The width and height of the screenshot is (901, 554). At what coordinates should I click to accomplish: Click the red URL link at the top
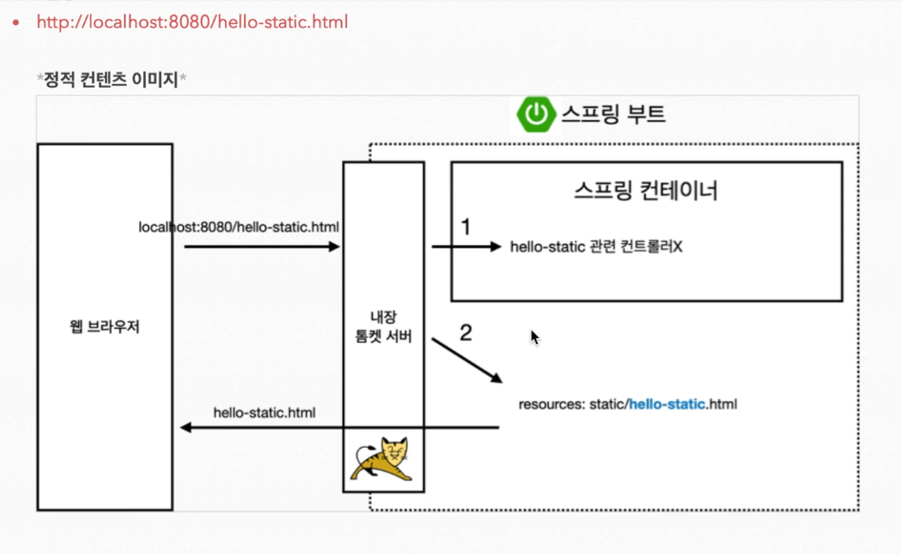coord(192,22)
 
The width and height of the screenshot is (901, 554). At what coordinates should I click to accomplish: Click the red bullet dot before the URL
coord(16,22)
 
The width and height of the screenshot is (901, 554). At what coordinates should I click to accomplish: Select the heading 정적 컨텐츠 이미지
coord(111,79)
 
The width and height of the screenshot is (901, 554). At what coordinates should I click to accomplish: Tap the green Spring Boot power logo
coord(536,114)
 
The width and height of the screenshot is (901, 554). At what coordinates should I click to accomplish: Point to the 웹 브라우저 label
coord(105,327)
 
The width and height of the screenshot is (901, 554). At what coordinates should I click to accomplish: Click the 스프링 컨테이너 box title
coord(646,191)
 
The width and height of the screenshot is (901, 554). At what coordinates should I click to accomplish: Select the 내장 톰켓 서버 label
coord(383,327)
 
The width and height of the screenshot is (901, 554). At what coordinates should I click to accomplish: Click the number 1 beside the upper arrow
coord(466,227)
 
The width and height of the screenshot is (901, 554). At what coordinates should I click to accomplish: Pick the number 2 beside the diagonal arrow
coord(466,333)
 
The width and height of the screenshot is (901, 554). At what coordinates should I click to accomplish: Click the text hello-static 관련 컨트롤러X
coord(596,247)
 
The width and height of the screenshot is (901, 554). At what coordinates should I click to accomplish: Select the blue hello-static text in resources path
coord(667,404)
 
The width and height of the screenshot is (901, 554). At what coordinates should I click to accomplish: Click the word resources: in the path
coord(551,404)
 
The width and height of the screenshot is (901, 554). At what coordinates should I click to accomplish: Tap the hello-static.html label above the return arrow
coord(264,413)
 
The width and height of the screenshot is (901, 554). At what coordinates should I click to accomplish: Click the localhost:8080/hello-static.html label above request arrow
coord(239,227)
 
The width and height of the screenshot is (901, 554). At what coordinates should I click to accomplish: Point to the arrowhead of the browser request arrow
coord(334,247)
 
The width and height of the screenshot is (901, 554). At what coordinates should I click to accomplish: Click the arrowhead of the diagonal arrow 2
coord(497,378)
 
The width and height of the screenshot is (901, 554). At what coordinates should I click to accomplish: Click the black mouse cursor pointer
coord(534,337)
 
